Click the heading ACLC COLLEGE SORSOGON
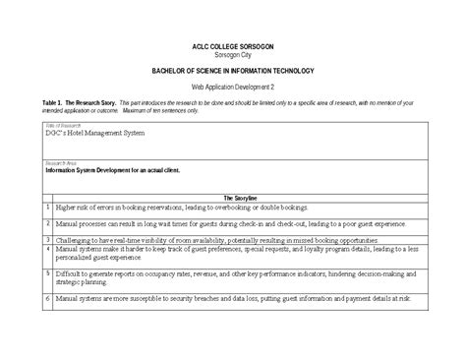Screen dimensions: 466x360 click(x=233, y=47)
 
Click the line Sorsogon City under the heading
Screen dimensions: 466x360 click(x=233, y=56)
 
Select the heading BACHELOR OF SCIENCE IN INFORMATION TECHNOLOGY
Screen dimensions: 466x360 click(x=233, y=72)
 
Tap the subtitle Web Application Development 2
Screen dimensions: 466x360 click(x=233, y=88)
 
